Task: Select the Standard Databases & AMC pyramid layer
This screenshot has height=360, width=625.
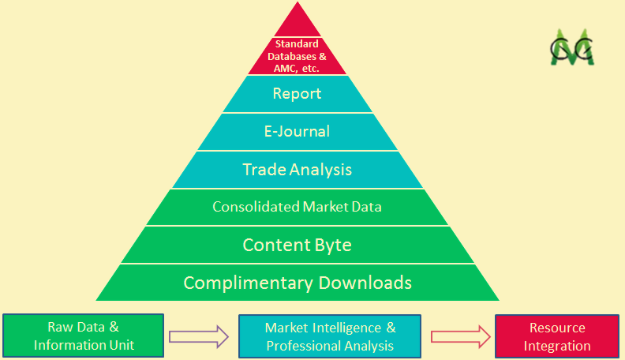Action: click(x=298, y=55)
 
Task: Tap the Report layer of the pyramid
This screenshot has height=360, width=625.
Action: click(x=298, y=94)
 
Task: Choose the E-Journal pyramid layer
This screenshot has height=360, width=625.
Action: click(x=298, y=131)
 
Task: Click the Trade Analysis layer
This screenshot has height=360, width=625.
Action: click(x=298, y=170)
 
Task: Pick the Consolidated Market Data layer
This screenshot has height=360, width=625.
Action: click(x=298, y=207)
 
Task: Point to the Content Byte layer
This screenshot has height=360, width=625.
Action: click(x=298, y=245)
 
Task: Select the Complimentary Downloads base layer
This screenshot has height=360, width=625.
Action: click(x=298, y=283)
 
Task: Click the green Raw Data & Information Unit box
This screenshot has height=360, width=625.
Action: click(x=84, y=336)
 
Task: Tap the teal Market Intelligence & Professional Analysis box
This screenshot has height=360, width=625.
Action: click(x=330, y=336)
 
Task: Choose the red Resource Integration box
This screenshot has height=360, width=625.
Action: click(x=557, y=336)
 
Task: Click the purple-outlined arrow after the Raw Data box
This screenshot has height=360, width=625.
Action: click(x=200, y=336)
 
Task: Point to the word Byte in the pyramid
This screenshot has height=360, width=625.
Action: click(x=331, y=245)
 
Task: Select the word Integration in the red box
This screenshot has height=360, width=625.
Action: click(x=557, y=346)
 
